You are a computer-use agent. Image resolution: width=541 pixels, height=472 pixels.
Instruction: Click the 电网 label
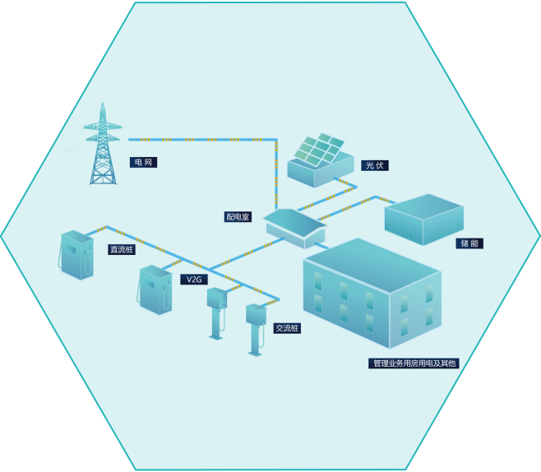point(143,163)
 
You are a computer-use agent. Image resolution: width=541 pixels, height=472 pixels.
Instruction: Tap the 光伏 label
point(374,165)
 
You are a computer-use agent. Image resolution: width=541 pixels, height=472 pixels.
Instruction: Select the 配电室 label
point(238,217)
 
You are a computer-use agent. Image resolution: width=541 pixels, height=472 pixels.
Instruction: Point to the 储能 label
point(469,243)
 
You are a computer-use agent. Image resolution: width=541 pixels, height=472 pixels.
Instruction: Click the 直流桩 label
point(122,249)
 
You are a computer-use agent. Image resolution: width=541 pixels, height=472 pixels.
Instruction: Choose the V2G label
point(194,280)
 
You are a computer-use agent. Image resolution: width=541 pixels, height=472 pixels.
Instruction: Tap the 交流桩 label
point(287,328)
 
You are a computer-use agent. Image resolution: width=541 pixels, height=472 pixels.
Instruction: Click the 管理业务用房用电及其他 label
point(414,363)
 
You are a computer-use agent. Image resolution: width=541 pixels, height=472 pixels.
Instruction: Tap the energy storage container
point(423,219)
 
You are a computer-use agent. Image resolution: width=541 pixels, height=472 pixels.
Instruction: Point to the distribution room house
point(294,227)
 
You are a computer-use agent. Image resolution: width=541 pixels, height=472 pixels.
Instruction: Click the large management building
point(372,292)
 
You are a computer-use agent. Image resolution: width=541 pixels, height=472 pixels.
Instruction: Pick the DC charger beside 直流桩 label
point(76,254)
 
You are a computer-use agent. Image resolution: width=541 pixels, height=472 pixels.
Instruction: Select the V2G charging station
point(155,289)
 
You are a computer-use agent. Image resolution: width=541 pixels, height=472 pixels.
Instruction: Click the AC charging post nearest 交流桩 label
point(256,327)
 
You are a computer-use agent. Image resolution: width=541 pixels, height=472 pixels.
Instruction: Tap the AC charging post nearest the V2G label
point(216,311)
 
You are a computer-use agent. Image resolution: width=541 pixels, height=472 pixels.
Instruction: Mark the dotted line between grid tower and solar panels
point(206,140)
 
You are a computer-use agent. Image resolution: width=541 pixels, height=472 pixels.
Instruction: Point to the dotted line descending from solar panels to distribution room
point(276,173)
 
